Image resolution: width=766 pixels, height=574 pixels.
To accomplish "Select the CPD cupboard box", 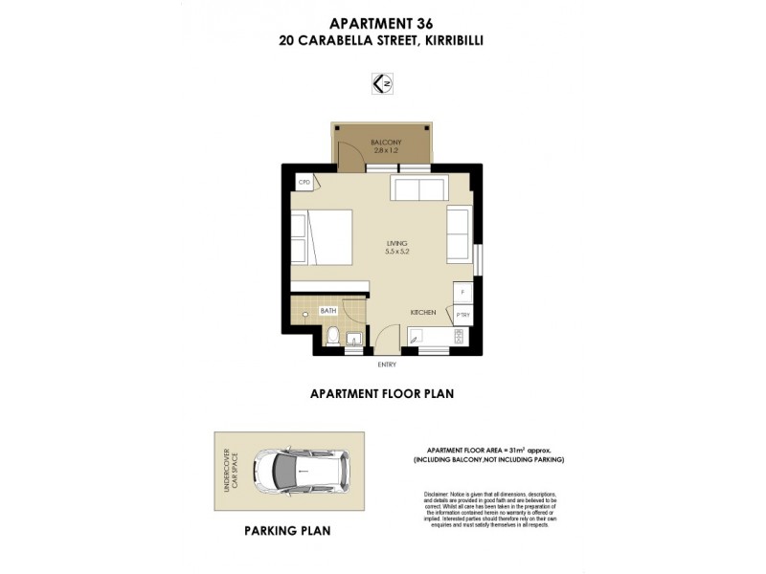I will pyautogui.click(x=305, y=182).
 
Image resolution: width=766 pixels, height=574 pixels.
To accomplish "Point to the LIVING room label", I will pyautogui.click(x=396, y=244).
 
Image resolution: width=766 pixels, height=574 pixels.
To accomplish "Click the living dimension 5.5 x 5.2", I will pyautogui.click(x=396, y=253).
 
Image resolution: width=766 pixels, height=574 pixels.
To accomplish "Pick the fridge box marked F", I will pyautogui.click(x=462, y=291).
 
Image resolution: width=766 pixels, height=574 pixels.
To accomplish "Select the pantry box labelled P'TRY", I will pyautogui.click(x=462, y=314).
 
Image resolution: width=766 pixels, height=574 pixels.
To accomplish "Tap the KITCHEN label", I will pyautogui.click(x=423, y=313).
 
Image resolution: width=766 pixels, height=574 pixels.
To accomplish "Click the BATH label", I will pyautogui.click(x=327, y=311).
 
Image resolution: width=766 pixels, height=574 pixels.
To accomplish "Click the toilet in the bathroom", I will pyautogui.click(x=330, y=336).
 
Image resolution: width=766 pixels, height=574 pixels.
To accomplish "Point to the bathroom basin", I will pyautogui.click(x=353, y=337).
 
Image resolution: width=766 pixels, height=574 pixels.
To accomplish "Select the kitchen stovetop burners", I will pyautogui.click(x=458, y=336).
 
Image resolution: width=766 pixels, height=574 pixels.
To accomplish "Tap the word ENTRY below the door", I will pyautogui.click(x=387, y=364).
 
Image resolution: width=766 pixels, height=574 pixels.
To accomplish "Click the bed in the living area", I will pyautogui.click(x=322, y=237).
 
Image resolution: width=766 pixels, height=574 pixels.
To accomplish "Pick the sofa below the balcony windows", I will pyautogui.click(x=417, y=188).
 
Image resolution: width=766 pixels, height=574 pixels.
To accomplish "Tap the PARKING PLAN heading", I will pyautogui.click(x=287, y=530).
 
